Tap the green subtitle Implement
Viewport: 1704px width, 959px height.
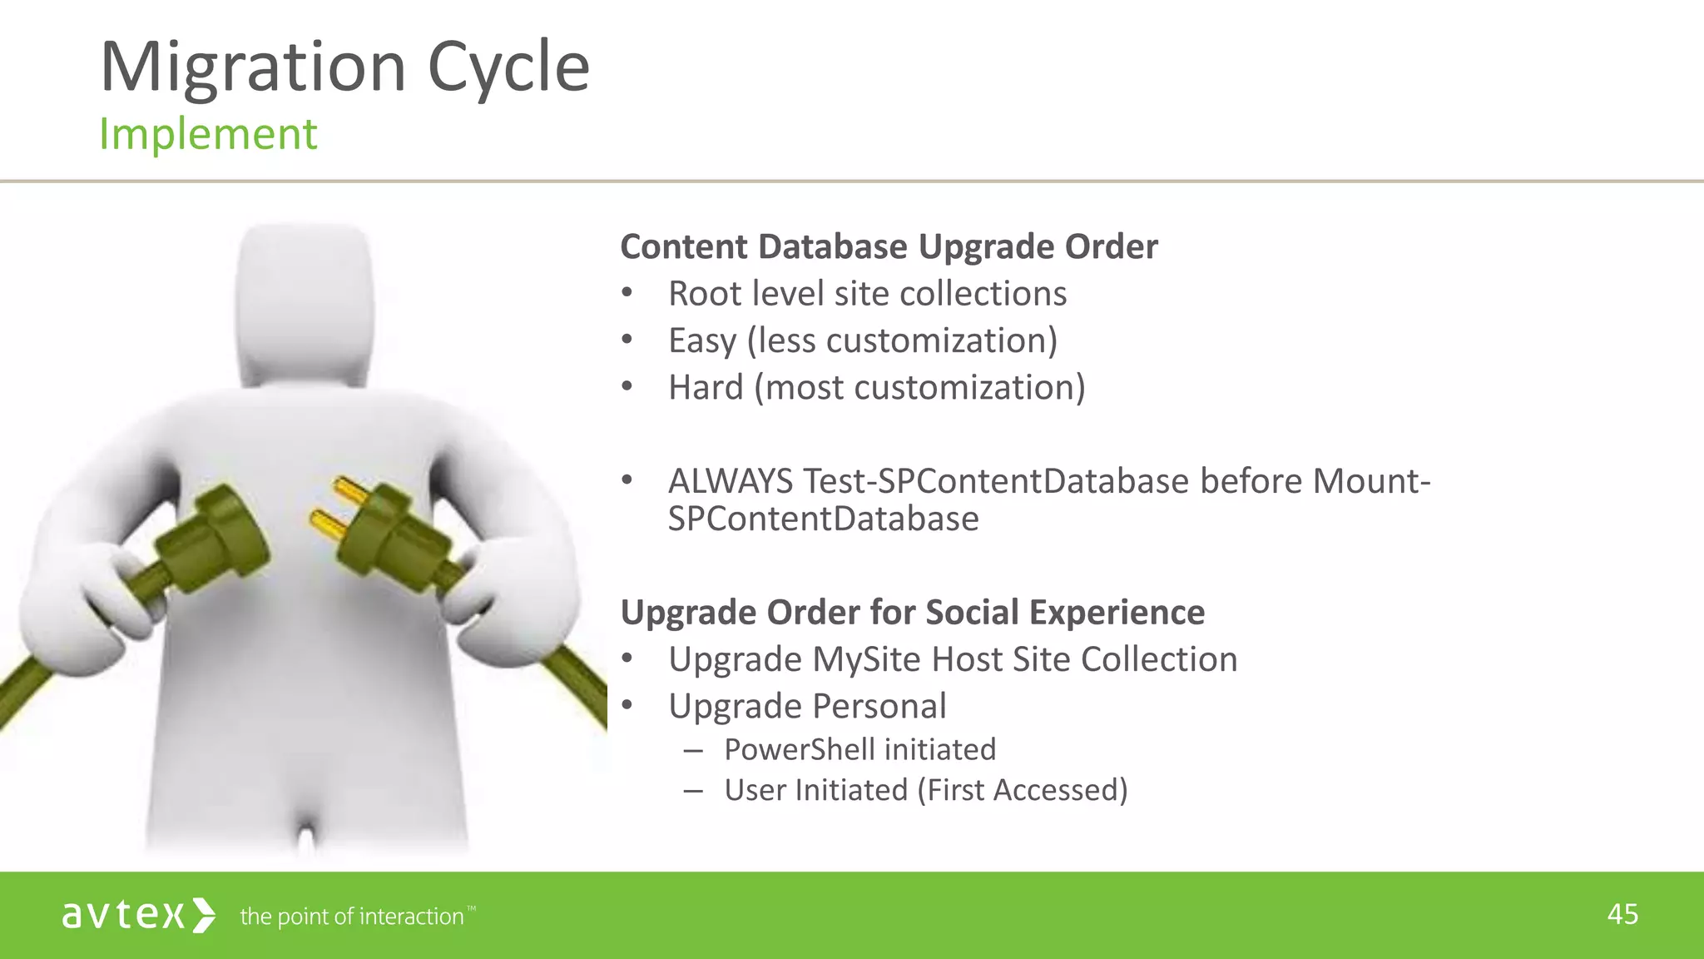tap(208, 135)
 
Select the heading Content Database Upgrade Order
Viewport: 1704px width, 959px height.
tap(889, 247)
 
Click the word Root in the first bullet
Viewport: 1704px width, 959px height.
tap(704, 294)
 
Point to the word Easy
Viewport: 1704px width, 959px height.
tap(702, 341)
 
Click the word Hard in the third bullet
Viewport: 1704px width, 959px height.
tap(706, 388)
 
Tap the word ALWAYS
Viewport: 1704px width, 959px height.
tap(731, 482)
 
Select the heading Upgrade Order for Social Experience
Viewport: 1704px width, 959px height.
tap(912, 613)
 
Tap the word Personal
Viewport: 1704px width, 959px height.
tap(879, 707)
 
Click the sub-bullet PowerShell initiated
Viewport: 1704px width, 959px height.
tap(859, 750)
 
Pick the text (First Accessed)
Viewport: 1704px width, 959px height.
tap(1022, 791)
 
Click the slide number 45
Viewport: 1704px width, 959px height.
tap(1622, 915)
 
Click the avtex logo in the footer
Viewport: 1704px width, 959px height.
tap(138, 916)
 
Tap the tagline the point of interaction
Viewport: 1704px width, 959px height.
tap(352, 917)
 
